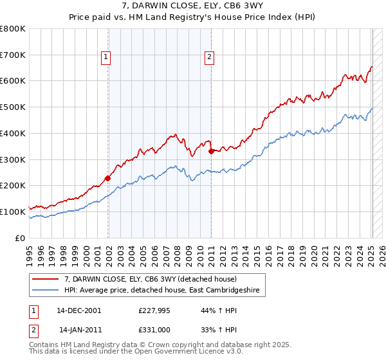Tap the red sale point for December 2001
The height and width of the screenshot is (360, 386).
[x=107, y=178]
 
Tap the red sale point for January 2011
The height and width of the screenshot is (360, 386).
[x=212, y=151]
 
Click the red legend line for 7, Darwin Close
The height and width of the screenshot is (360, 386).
[x=47, y=279]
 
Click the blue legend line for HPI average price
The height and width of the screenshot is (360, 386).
[x=47, y=291]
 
